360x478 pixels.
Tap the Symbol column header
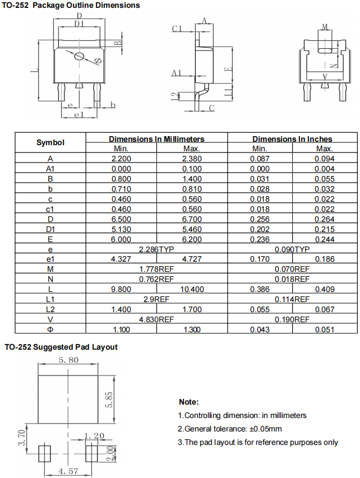point(50,142)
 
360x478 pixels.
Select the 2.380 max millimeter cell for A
point(192,159)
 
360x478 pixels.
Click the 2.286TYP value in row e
point(157,249)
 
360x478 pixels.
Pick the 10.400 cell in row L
point(192,289)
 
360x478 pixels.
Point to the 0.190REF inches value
point(292,319)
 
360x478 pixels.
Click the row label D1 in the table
point(50,229)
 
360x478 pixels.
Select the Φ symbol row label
point(50,330)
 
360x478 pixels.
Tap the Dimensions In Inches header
point(292,138)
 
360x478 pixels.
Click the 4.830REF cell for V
point(157,319)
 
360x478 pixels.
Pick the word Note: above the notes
point(188,402)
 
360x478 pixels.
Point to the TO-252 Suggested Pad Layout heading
point(61,347)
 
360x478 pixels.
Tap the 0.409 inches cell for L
point(324,289)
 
